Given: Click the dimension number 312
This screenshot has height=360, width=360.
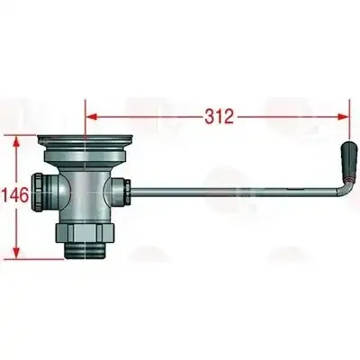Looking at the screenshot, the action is tap(220, 116).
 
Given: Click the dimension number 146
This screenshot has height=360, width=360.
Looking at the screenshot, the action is tap(16, 195).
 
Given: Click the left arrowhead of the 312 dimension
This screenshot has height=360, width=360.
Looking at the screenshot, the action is tap(91, 117).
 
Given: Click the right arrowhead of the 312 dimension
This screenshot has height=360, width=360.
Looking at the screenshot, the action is tap(344, 117).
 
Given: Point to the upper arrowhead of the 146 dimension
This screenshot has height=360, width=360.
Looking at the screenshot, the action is tap(17, 141).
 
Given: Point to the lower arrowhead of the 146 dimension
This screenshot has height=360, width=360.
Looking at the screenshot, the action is tap(17, 253).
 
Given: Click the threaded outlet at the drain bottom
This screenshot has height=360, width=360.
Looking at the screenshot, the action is tap(85, 251).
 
